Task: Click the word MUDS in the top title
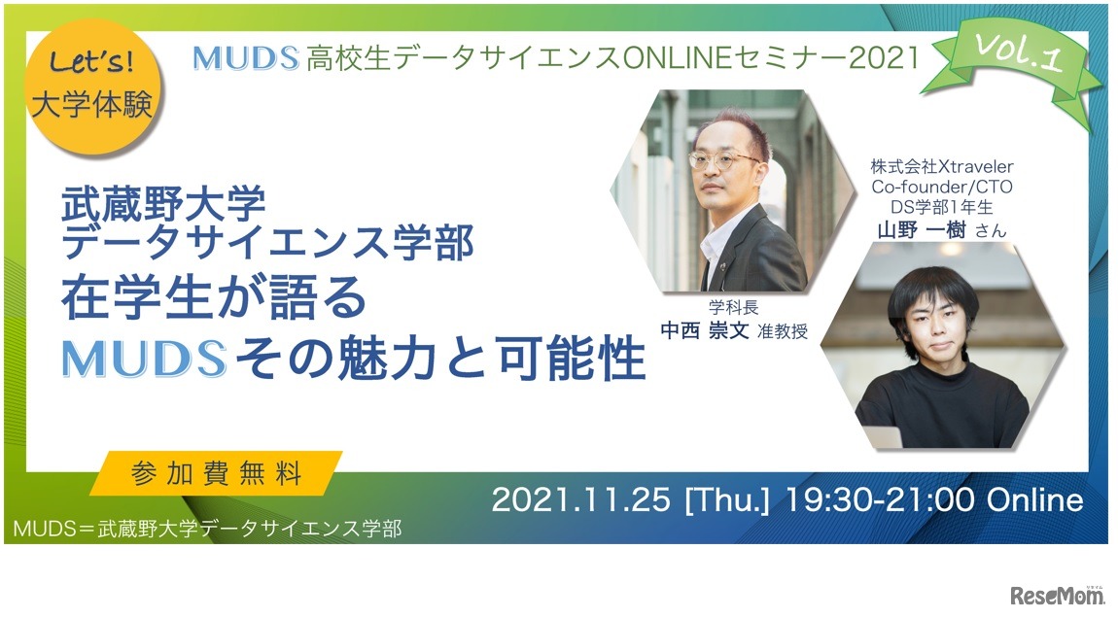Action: [245, 58]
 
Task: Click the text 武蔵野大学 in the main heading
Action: [162, 204]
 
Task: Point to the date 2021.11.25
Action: [580, 500]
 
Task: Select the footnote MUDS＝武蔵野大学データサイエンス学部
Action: [207, 529]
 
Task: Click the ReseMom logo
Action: [1057, 594]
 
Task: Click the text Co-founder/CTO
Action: [942, 187]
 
